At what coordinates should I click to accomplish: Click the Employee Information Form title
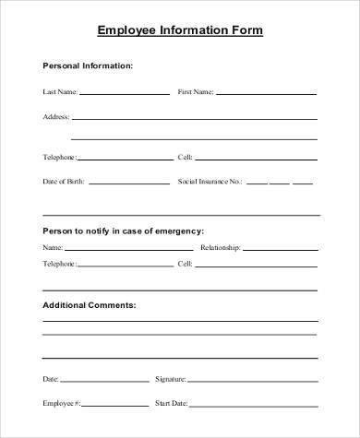pyautogui.click(x=180, y=30)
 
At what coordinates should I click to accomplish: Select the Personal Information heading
pyautogui.click(x=89, y=66)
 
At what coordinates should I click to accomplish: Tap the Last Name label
pyautogui.click(x=60, y=93)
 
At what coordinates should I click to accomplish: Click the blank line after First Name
pyautogui.click(x=267, y=94)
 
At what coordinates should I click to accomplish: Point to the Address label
pyautogui.click(x=55, y=118)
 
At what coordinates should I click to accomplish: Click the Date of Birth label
pyautogui.click(x=64, y=182)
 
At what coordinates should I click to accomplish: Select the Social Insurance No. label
pyautogui.click(x=210, y=182)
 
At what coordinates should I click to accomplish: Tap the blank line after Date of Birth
pyautogui.click(x=128, y=183)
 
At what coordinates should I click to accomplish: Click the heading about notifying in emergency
pyautogui.click(x=124, y=230)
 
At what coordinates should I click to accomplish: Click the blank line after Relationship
pyautogui.click(x=281, y=249)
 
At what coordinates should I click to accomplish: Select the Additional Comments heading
pyautogui.click(x=90, y=303)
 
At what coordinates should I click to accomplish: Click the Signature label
pyautogui.click(x=170, y=379)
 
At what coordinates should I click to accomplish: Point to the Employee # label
pyautogui.click(x=61, y=403)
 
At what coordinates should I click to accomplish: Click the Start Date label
pyautogui.click(x=172, y=403)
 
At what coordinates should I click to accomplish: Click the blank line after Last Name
pyautogui.click(x=124, y=94)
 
